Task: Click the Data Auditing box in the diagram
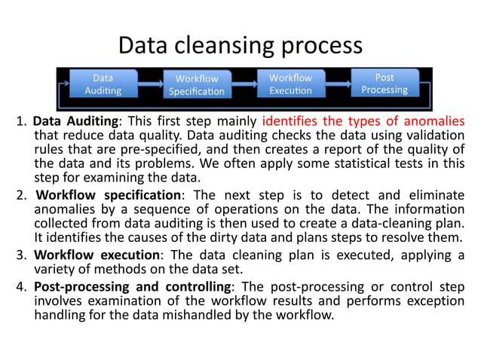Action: [103, 84]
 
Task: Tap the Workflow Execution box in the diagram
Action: [290, 84]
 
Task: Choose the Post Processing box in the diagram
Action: [384, 84]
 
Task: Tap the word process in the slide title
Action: [320, 47]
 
